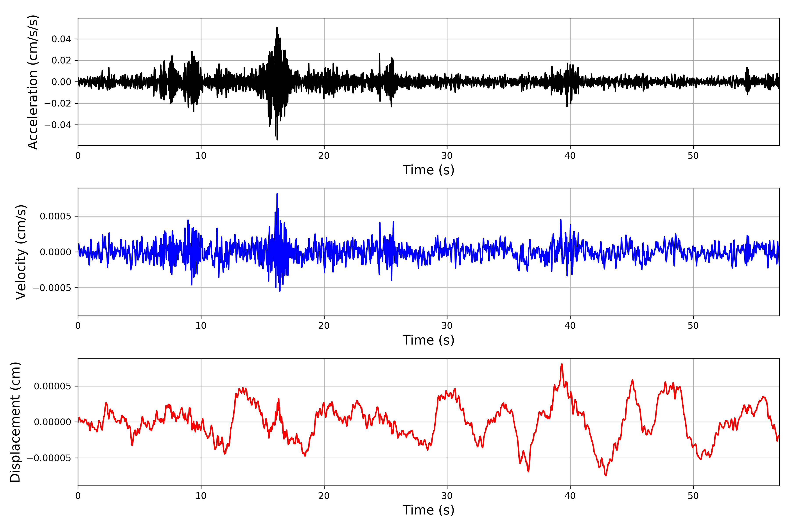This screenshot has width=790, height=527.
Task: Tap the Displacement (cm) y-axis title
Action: pos(15,422)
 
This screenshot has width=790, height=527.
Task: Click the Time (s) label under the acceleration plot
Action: pos(428,170)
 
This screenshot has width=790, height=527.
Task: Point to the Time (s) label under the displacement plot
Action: pos(428,510)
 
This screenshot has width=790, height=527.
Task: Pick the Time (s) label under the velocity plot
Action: pos(428,340)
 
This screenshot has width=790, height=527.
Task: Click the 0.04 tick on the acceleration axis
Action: pos(61,39)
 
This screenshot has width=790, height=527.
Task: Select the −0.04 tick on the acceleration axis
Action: pos(58,125)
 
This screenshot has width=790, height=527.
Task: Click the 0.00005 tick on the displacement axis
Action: pos(52,386)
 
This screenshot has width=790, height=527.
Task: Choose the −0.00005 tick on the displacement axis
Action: pos(49,458)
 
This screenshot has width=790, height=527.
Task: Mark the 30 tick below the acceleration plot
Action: pos(447,156)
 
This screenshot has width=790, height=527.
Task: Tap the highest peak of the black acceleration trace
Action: pos(277,28)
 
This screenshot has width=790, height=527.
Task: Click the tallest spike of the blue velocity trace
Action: pos(277,194)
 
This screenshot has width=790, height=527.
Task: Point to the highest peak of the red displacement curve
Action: pos(562,364)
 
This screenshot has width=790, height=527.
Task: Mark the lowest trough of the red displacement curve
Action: pos(606,475)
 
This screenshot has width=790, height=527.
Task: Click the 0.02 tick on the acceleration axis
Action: pos(61,61)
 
